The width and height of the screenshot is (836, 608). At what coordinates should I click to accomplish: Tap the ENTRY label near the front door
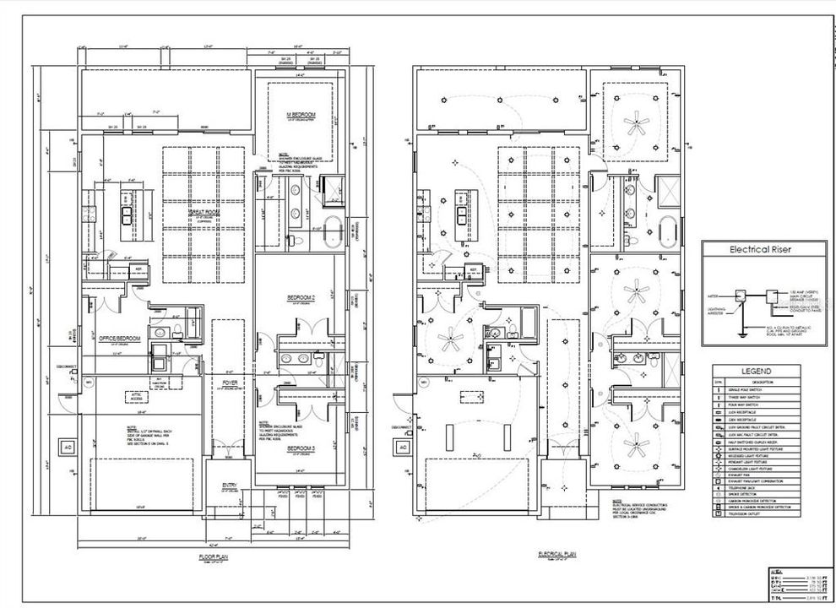pyautogui.click(x=229, y=485)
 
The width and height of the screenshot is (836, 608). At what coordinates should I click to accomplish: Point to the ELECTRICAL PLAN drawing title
pyautogui.click(x=557, y=555)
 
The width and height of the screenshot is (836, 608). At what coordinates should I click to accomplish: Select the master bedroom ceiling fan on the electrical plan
pyautogui.click(x=633, y=124)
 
